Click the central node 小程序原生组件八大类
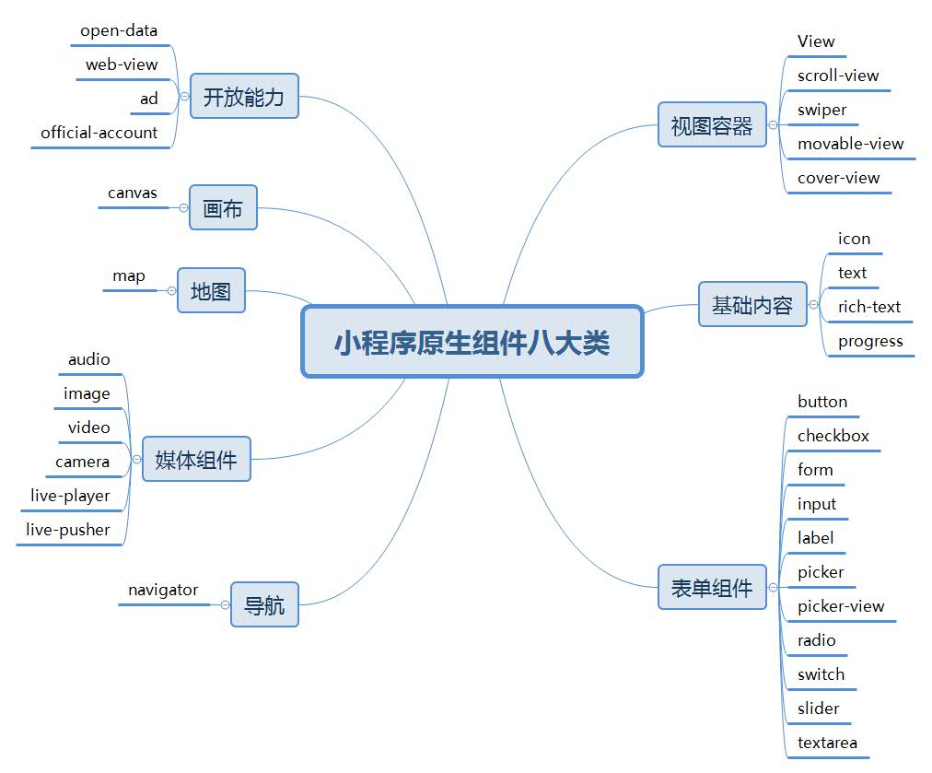(472, 342)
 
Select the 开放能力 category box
(244, 96)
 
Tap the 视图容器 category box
(712, 124)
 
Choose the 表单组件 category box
(712, 587)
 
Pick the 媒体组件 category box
(196, 459)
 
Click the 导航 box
(264, 604)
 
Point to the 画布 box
(223, 207)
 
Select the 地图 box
(211, 290)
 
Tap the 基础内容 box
(752, 304)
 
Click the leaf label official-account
(99, 133)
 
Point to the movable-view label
(850, 144)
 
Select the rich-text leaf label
(868, 307)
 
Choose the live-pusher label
(68, 530)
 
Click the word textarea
(827, 743)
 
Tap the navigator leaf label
(163, 590)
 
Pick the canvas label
(133, 193)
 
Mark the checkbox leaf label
(833, 436)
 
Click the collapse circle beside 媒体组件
(136, 459)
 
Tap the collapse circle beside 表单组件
(773, 587)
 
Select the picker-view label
(840, 606)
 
